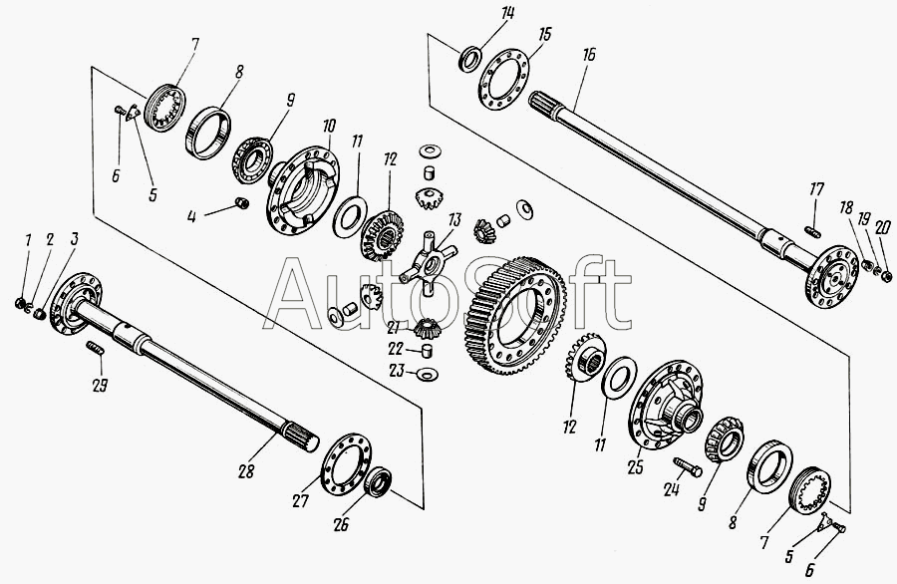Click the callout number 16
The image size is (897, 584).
tap(589, 55)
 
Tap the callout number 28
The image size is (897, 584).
tap(246, 471)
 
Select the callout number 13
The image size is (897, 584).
tap(454, 219)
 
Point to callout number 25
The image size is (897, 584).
tap(635, 467)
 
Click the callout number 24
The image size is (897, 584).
tap(672, 489)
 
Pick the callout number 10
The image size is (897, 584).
tap(329, 126)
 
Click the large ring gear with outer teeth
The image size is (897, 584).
tap(515, 315)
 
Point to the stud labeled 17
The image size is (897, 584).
tap(813, 231)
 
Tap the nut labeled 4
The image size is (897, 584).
tap(242, 202)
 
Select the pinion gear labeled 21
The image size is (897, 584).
tap(427, 328)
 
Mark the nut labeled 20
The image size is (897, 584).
tap(886, 276)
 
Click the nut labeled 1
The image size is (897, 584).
tap(20, 303)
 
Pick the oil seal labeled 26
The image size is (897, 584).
tap(378, 482)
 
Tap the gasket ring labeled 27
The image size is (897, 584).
tap(346, 463)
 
